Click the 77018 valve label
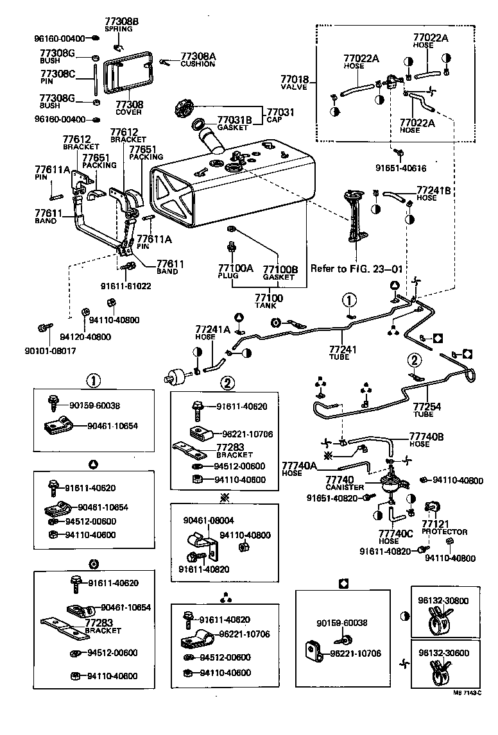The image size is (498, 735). click(294, 81)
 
